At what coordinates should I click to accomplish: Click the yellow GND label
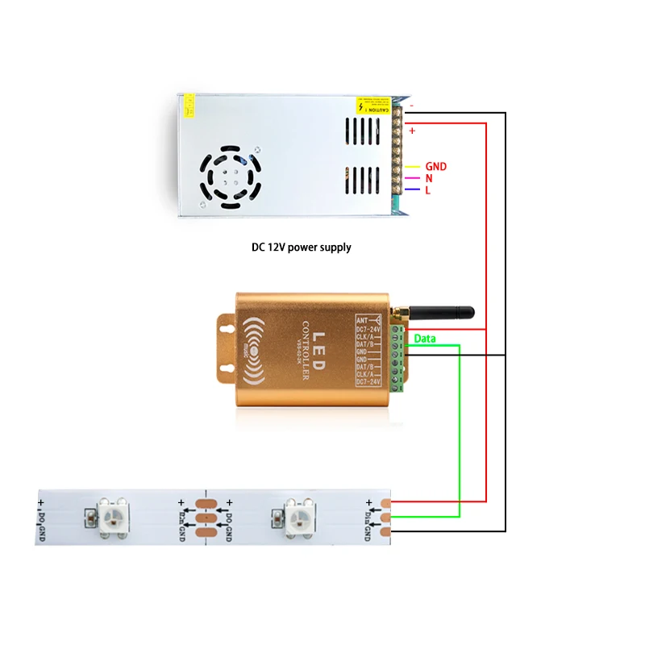(435, 167)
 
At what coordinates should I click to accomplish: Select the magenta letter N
(429, 178)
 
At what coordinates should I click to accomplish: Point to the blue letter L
(427, 190)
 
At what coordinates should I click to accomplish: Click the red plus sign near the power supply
(412, 130)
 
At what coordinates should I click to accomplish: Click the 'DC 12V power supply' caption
(302, 248)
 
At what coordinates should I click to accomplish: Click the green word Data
(425, 339)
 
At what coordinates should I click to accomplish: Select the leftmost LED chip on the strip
(109, 514)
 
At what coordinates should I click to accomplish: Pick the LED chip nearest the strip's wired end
(295, 514)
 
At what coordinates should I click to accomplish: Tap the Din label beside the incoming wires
(368, 520)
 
